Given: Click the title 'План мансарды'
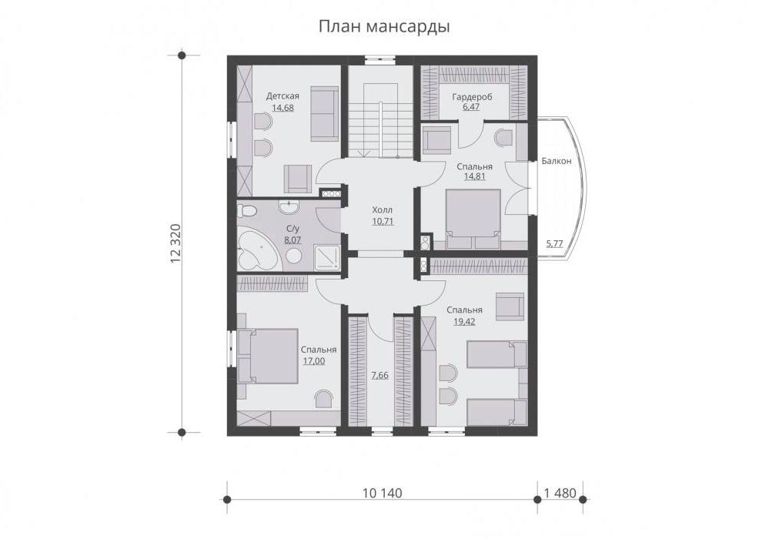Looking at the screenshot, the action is coord(384,26).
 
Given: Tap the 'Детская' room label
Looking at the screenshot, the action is coord(283,95).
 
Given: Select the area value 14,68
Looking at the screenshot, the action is coord(283,107).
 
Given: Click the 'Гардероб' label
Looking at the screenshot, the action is coord(472,96).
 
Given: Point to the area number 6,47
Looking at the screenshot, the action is coord(471,107).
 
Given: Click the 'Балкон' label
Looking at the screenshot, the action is coord(556,161).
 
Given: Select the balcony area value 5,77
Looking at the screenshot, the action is coord(554,243).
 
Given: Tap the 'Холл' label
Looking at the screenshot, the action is coord(383,210).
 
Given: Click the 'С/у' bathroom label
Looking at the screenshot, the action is coord(293,229).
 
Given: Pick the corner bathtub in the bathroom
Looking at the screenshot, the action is coord(256,250).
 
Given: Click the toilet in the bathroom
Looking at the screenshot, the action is coord(246,211).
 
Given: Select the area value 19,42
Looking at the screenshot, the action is coord(464,322).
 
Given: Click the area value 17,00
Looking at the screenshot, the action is coord(314,361).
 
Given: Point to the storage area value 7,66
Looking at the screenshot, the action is coord(379,376).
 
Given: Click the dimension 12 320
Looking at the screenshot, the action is coord(176,244).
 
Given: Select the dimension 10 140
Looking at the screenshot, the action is coord(382,493).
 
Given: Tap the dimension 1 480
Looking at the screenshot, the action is coord(560,493).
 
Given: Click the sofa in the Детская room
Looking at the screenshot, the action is coord(323,114).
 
